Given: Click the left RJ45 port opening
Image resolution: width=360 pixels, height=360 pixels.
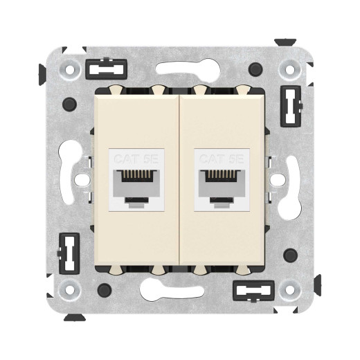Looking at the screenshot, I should (x=134, y=185).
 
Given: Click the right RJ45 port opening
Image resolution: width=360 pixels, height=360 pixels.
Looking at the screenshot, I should (x=224, y=185).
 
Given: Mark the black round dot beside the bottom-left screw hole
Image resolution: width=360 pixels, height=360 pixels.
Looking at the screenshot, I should (x=102, y=289).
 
